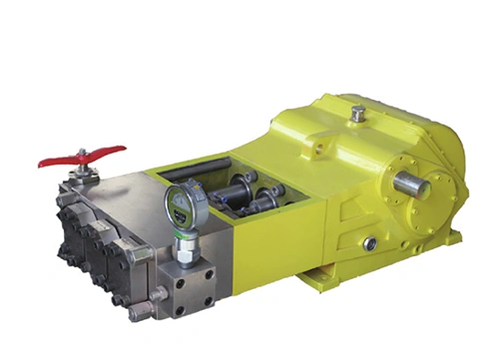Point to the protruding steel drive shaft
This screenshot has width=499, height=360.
(410, 185)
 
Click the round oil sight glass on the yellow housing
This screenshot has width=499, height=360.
(369, 242)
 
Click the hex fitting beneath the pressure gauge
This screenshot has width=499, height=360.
(183, 238)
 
